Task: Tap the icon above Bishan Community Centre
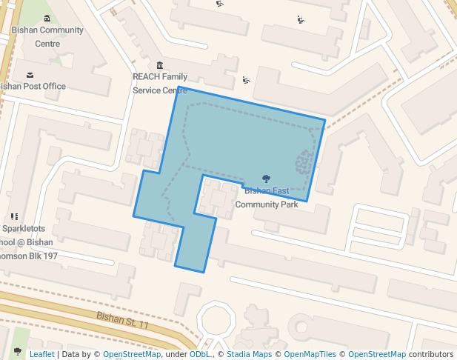47,19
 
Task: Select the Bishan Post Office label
33,86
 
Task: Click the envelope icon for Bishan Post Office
30,75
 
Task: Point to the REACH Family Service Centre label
160,83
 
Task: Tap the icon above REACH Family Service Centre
160,66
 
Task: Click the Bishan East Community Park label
267,198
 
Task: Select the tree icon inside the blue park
267,179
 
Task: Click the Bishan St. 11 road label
123,321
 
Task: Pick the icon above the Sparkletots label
14,217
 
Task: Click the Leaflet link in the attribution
41,354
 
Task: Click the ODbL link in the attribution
200,354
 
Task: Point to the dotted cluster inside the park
304,162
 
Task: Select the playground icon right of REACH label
247,80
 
